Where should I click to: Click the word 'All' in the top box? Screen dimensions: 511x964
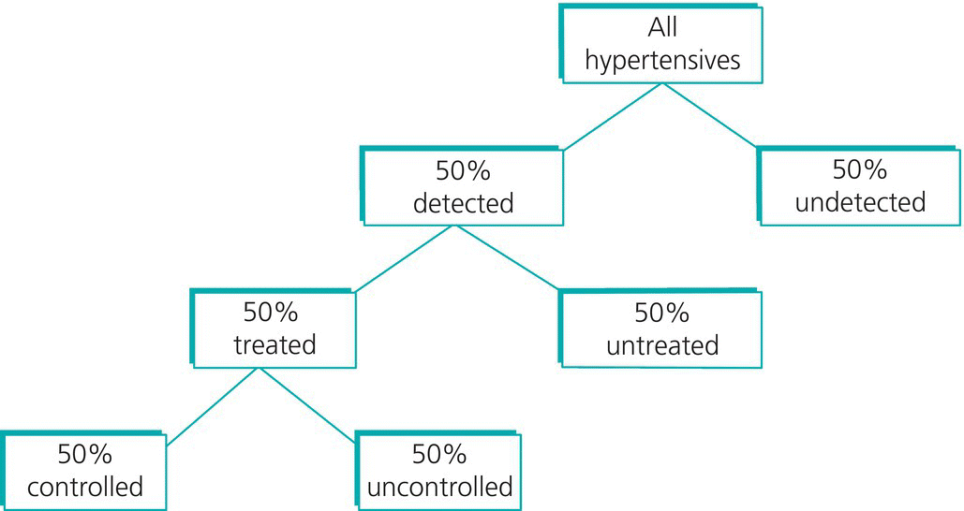(662, 29)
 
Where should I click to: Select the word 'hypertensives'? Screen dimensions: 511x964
(662, 61)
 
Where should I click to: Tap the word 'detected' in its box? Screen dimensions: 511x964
(464, 203)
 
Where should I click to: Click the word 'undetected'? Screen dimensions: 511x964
(860, 201)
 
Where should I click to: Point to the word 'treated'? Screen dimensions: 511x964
(274, 344)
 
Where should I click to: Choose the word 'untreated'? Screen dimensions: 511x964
(662, 345)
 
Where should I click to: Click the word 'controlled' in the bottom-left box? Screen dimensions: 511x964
(85, 487)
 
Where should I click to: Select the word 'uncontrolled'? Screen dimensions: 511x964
(439, 487)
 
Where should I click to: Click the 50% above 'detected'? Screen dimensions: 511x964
(464, 171)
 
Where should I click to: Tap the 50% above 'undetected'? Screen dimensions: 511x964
(860, 169)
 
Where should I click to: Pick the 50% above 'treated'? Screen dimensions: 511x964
(271, 313)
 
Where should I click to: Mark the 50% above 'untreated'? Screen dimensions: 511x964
(661, 313)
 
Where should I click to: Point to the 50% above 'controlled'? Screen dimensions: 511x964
(85, 455)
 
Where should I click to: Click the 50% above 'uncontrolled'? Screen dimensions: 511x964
(439, 455)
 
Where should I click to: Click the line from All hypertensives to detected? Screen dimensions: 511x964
(613, 117)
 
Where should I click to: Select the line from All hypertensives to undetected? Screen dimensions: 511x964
(710, 116)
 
